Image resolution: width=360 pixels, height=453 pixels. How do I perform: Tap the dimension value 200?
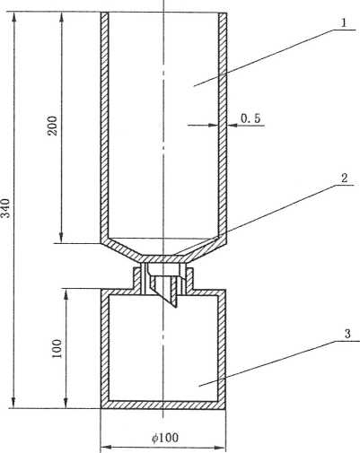53,126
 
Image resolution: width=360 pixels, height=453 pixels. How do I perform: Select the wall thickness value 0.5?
250,118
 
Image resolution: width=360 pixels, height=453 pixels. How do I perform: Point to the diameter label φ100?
165,438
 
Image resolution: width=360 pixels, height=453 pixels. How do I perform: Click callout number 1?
344,23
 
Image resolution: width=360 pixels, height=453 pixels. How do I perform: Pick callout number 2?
345,179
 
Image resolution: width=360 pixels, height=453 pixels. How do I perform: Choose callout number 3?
347,334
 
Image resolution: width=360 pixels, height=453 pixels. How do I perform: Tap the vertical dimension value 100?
57,349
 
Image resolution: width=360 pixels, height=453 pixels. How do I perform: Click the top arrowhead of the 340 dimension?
13,17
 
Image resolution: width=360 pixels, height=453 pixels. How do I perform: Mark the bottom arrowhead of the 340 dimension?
13,403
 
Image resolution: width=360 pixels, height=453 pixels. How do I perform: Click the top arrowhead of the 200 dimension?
62,17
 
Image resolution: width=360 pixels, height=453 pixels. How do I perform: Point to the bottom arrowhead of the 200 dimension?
62,238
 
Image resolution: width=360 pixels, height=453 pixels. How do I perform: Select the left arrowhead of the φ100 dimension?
106,448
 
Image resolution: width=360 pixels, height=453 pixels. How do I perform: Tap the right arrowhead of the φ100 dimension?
219,448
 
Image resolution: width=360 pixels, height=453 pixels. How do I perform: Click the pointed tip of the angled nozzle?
176,308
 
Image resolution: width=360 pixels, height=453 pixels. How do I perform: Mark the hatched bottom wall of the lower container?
163,405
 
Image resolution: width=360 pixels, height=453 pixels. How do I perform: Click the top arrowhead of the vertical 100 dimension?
66,294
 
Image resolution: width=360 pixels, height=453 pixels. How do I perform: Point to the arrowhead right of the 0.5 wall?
233,126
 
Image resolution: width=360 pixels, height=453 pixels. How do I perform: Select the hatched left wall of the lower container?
105,349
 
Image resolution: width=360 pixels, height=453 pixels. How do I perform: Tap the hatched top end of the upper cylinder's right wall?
223,14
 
